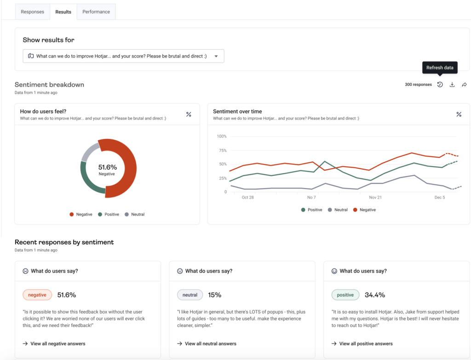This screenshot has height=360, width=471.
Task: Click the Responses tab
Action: click(x=32, y=12)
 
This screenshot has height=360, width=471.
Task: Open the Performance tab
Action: click(x=96, y=12)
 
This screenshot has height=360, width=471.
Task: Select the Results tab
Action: click(x=63, y=12)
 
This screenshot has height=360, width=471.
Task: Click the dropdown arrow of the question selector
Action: click(x=216, y=56)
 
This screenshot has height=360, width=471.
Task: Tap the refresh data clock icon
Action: click(x=440, y=85)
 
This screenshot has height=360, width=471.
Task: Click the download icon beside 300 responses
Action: click(x=452, y=85)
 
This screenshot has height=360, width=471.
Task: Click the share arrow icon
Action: click(x=464, y=85)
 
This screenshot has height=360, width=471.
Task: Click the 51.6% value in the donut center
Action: click(x=108, y=167)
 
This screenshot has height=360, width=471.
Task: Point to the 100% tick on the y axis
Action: click(x=222, y=137)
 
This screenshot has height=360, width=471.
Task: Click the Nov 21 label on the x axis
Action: click(x=375, y=197)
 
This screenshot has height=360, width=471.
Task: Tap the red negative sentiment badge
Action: click(x=37, y=295)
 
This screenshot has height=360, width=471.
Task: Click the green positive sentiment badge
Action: click(x=345, y=295)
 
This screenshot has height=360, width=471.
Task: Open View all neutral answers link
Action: click(x=210, y=343)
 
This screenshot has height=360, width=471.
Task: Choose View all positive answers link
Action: click(x=366, y=343)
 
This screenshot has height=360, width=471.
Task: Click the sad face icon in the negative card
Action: click(x=25, y=271)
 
